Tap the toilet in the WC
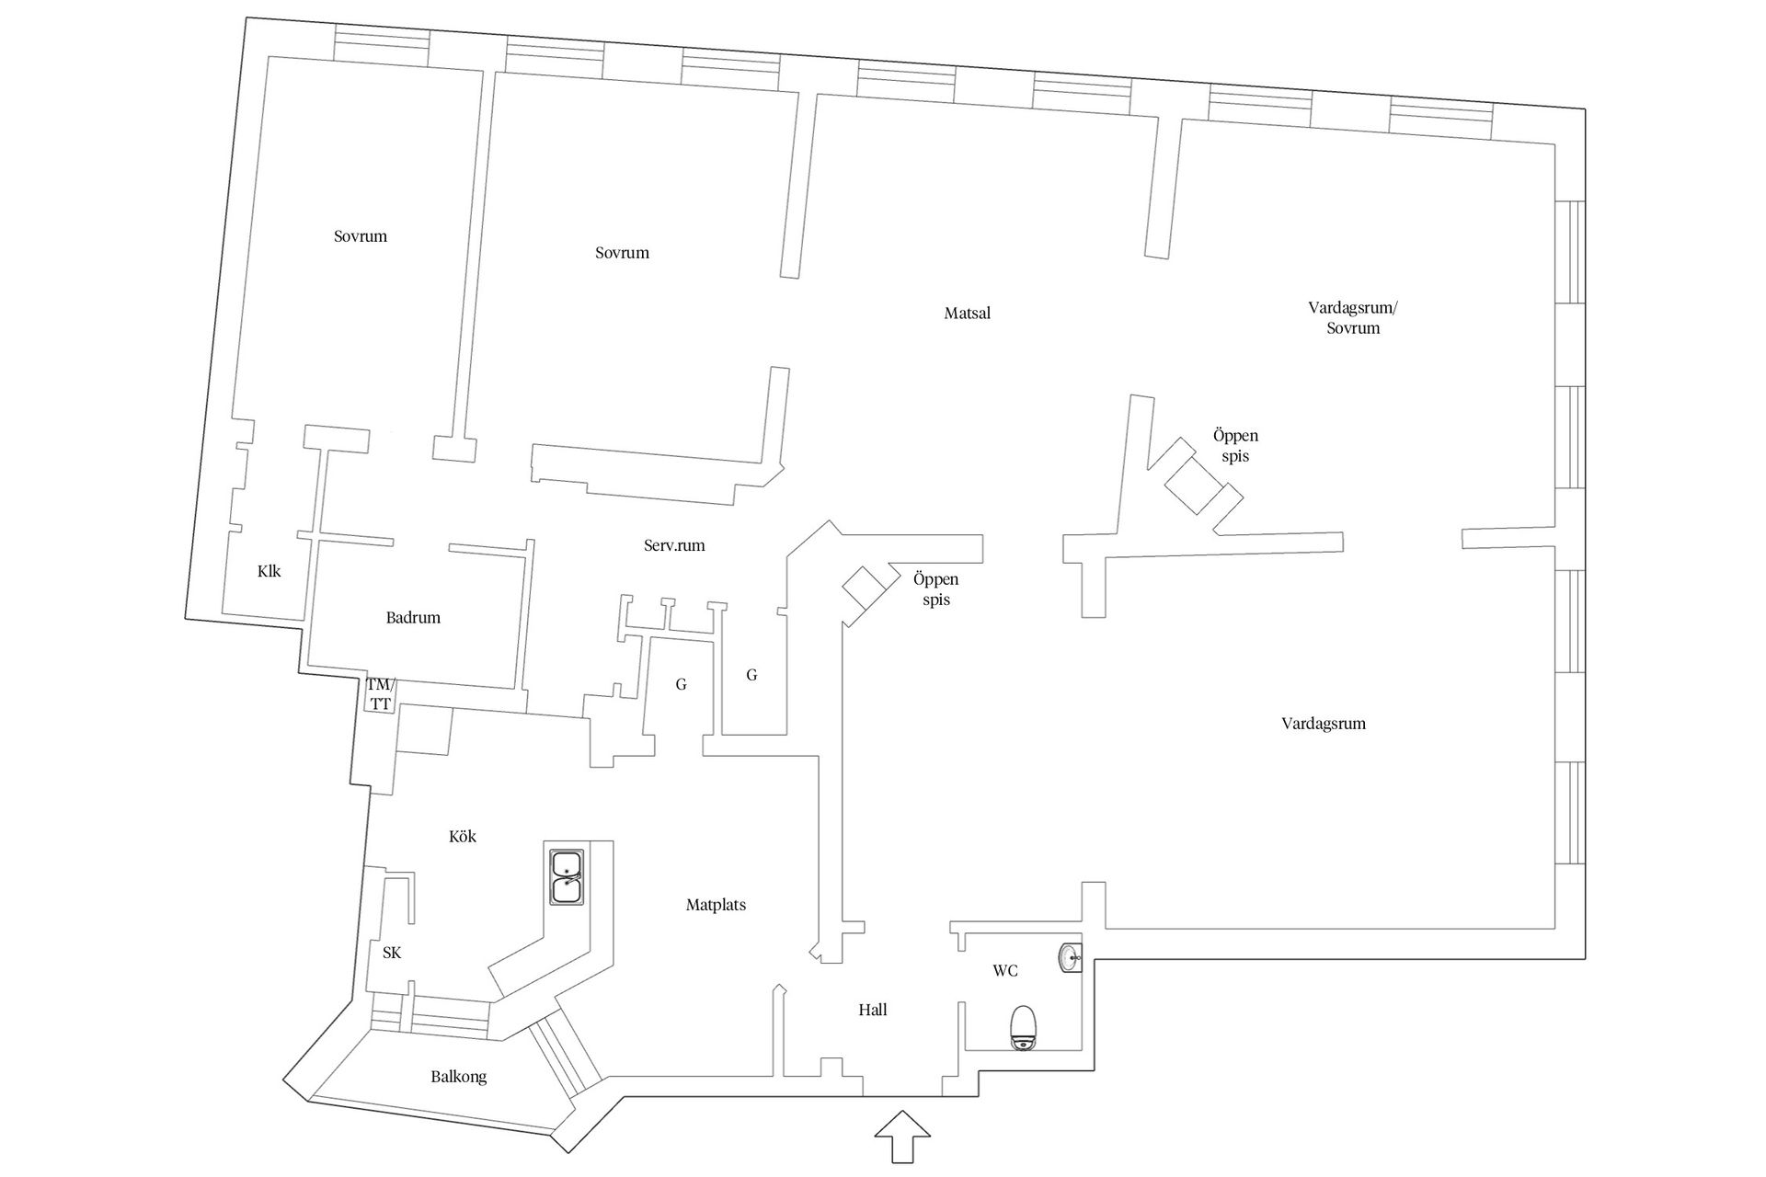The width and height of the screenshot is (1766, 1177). [1024, 1028]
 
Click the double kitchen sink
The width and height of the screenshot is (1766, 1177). [566, 877]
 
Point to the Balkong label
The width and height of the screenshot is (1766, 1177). [459, 1077]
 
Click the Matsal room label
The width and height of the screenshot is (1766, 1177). [968, 314]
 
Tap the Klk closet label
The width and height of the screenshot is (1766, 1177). [269, 571]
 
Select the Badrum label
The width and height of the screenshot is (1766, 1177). [413, 618]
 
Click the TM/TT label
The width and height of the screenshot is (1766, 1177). [379, 694]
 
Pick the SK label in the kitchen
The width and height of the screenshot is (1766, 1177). [392, 953]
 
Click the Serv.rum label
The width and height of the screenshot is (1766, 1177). [674, 545]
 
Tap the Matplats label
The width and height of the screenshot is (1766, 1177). [716, 905]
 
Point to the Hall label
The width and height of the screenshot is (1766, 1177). [873, 1010]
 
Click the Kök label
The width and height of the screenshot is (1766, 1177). [463, 837]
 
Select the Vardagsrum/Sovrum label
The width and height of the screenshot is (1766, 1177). [1353, 317]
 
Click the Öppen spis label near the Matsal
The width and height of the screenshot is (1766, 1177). [936, 589]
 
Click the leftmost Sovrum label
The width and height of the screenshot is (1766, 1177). [361, 236]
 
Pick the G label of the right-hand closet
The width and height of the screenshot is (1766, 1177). [751, 675]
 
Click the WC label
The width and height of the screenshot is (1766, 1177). [1005, 971]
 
